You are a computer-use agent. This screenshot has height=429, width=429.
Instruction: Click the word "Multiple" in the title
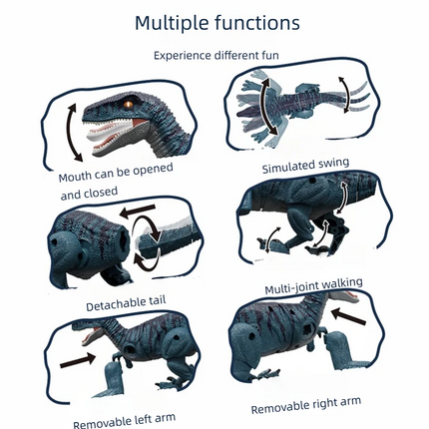click(x=172, y=23)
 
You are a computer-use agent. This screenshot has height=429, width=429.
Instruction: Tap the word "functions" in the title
click(x=257, y=23)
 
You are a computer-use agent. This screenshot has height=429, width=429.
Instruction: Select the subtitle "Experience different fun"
click(x=216, y=55)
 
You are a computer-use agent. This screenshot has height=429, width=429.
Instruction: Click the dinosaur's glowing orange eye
click(x=129, y=105)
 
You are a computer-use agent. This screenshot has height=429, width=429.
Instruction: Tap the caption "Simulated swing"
click(x=305, y=165)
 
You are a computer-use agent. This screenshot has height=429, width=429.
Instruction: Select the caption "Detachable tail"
click(x=126, y=303)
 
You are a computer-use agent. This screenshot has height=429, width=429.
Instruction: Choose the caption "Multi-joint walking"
click(x=313, y=285)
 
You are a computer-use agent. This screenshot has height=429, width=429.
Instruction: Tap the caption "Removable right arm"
click(x=306, y=405)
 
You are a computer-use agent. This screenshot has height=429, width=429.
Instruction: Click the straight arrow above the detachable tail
click(x=138, y=212)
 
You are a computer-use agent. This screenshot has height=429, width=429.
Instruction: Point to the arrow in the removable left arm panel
click(x=78, y=360)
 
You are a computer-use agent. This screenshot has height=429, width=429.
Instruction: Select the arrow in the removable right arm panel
click(x=348, y=316)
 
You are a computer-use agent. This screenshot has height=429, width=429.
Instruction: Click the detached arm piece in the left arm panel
click(x=112, y=379)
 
